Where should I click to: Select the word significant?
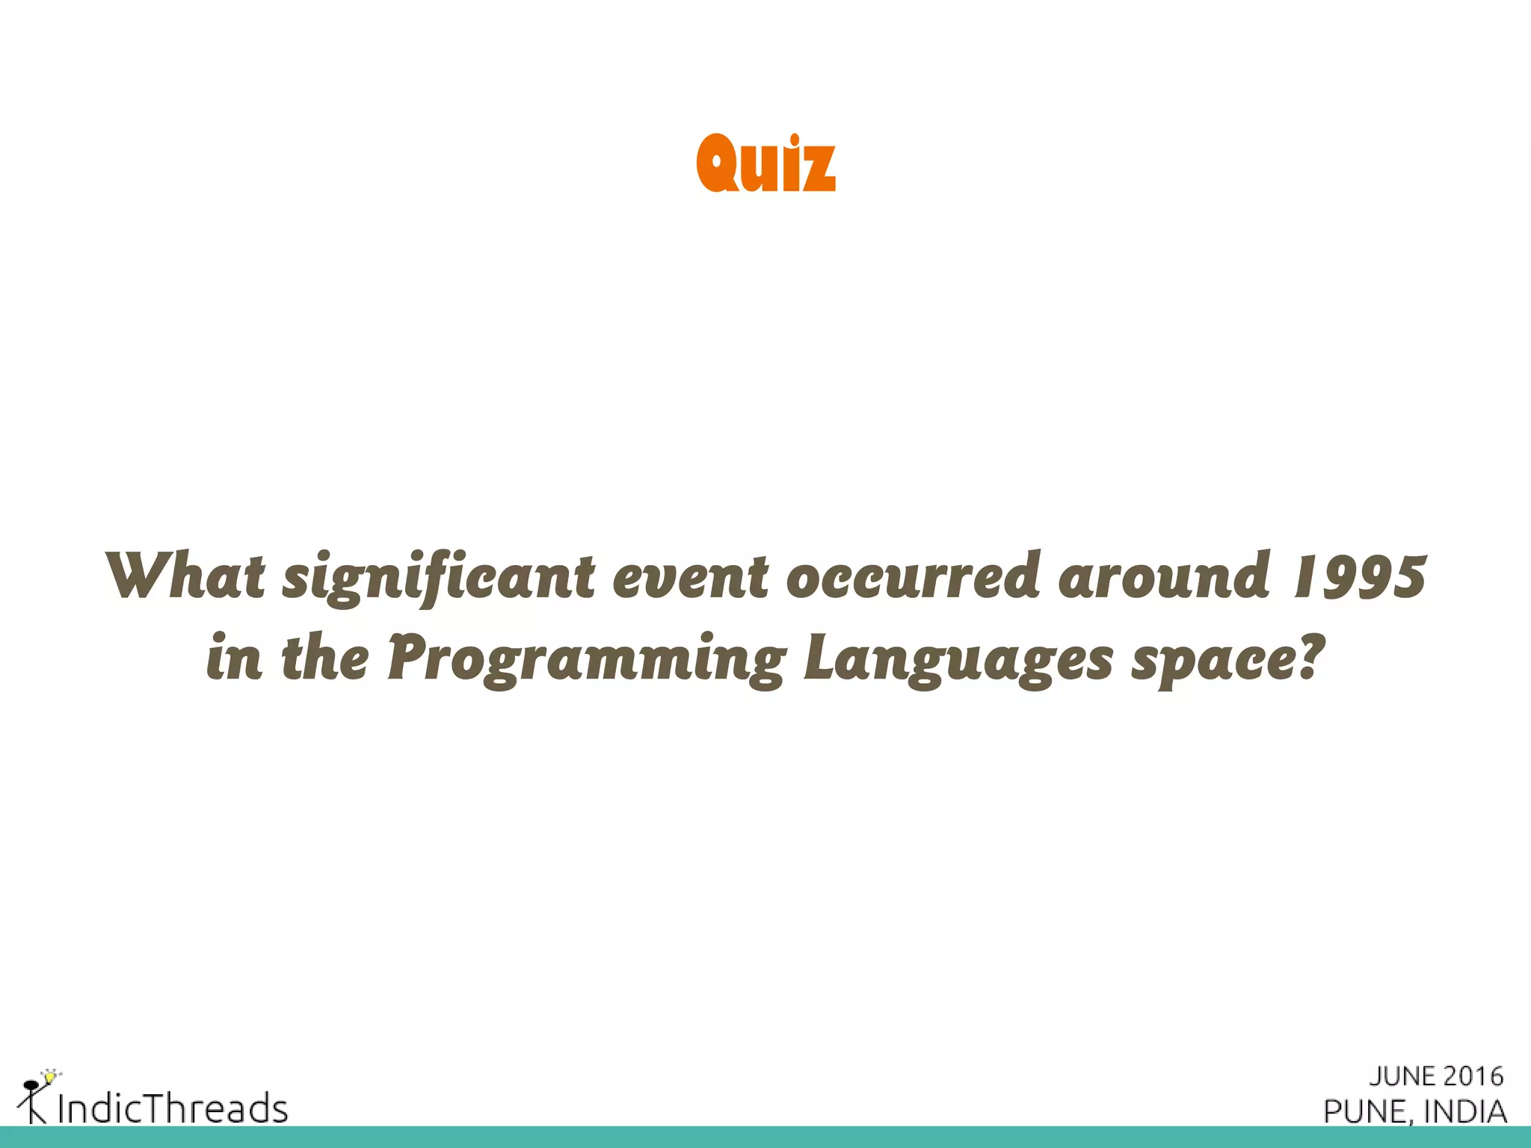[439, 579]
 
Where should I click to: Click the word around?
[1165, 576]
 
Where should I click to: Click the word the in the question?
[325, 658]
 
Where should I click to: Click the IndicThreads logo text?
[173, 1108]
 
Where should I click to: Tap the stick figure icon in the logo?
[31, 1102]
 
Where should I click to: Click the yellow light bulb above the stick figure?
[50, 1077]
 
